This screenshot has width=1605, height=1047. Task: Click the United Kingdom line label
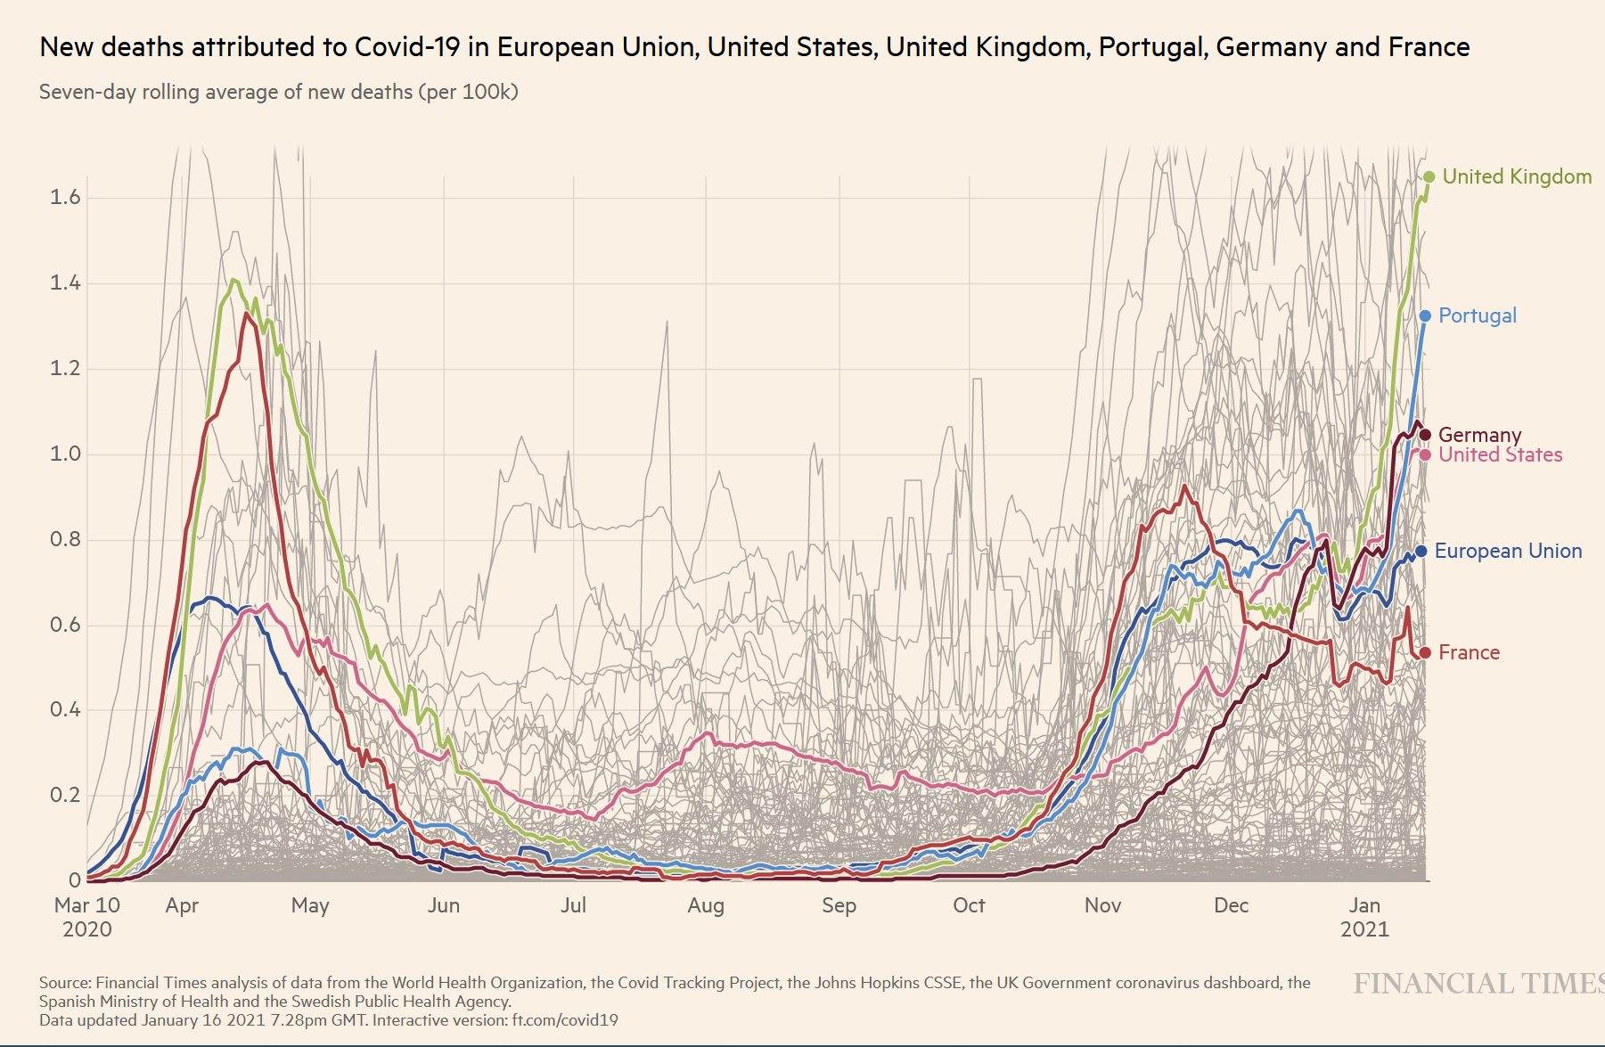pyautogui.click(x=1517, y=176)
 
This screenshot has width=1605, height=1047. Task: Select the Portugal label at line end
pyautogui.click(x=1477, y=315)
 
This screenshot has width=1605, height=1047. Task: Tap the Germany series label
pyautogui.click(x=1479, y=435)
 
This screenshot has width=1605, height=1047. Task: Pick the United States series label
pyautogui.click(x=1500, y=454)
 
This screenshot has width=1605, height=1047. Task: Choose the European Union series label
pyautogui.click(x=1508, y=551)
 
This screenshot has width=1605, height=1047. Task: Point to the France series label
pyautogui.click(x=1469, y=652)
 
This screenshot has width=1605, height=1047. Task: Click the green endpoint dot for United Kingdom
pyautogui.click(x=1429, y=176)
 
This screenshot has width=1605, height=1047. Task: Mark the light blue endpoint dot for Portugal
pyautogui.click(x=1425, y=315)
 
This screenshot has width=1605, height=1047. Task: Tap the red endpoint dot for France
pyautogui.click(x=1424, y=652)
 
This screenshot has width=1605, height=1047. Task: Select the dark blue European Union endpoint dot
pyautogui.click(x=1421, y=552)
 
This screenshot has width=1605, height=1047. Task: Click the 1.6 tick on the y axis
pyautogui.click(x=64, y=197)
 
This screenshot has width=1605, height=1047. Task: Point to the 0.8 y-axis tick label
pyautogui.click(x=64, y=539)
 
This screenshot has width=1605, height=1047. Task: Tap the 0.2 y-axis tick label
pyautogui.click(x=64, y=795)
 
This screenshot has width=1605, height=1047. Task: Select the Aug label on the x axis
pyautogui.click(x=706, y=905)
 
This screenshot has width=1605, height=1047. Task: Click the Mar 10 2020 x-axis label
pyautogui.click(x=86, y=917)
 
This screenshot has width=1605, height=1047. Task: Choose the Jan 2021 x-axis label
pyautogui.click(x=1364, y=917)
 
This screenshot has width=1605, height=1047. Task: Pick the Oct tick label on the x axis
pyautogui.click(x=969, y=905)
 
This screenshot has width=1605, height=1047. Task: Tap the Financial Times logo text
pyautogui.click(x=1478, y=983)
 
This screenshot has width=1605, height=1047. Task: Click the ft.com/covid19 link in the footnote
pyautogui.click(x=564, y=1019)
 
